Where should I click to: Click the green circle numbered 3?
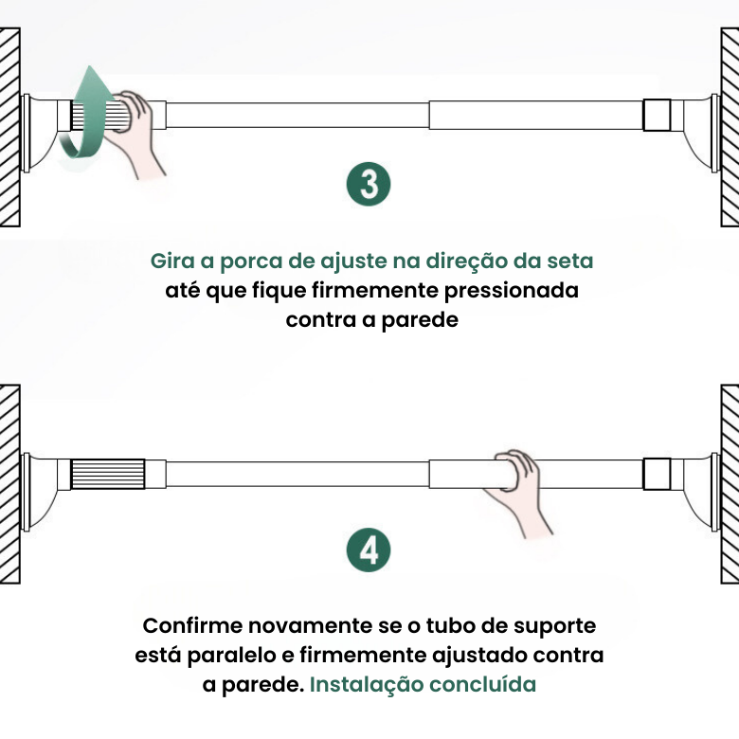369,185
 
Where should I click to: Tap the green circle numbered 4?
369,550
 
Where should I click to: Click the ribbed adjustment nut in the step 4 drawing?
108,474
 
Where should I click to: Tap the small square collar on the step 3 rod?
657,115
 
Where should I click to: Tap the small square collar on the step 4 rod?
657,474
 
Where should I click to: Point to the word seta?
568,261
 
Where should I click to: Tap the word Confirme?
190,625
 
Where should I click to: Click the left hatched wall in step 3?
9,128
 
